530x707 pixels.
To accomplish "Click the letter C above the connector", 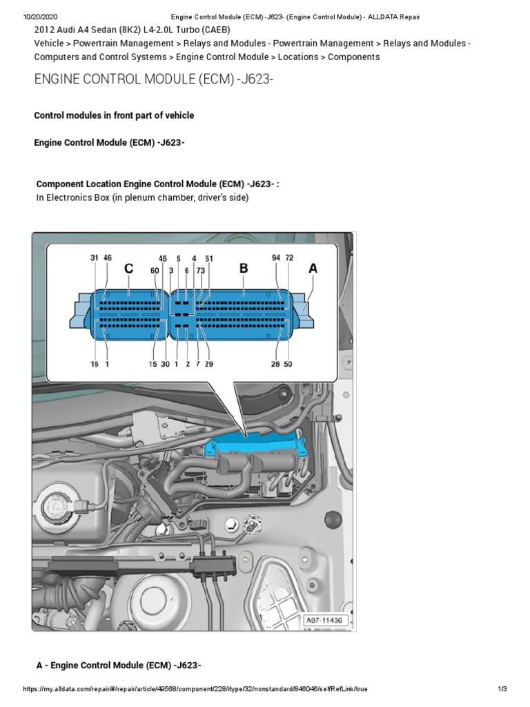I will (129, 269).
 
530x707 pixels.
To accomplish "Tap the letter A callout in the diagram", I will (313, 269).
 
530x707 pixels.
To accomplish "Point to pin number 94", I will (276, 258).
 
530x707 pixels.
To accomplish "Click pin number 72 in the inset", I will (289, 258).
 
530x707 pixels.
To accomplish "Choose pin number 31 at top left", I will (95, 258).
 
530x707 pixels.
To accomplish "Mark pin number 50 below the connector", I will (288, 364).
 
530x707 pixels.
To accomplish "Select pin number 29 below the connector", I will (209, 364).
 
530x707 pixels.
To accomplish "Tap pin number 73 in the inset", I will (201, 271).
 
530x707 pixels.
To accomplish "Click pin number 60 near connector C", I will (155, 271).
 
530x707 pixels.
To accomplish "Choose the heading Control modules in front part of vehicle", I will (114, 115).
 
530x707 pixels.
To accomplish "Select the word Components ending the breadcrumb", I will (353, 57).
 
